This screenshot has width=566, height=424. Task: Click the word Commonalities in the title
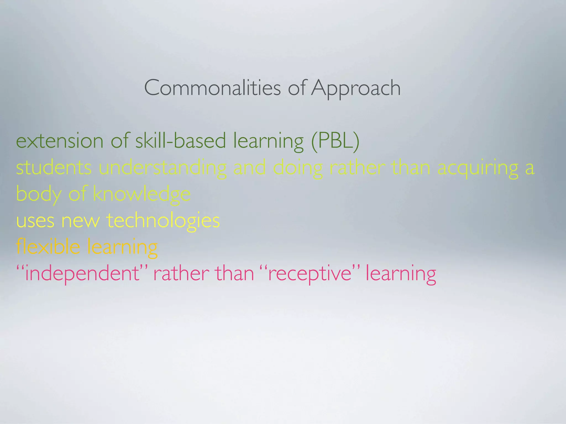coord(212,88)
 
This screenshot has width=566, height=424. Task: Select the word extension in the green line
coord(60,141)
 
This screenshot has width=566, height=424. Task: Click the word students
coord(54,168)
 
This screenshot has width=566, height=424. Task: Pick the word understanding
coord(163,168)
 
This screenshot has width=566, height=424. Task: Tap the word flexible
coord(48,247)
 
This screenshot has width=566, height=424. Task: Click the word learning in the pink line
coord(401,274)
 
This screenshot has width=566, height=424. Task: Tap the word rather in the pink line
coord(181,273)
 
